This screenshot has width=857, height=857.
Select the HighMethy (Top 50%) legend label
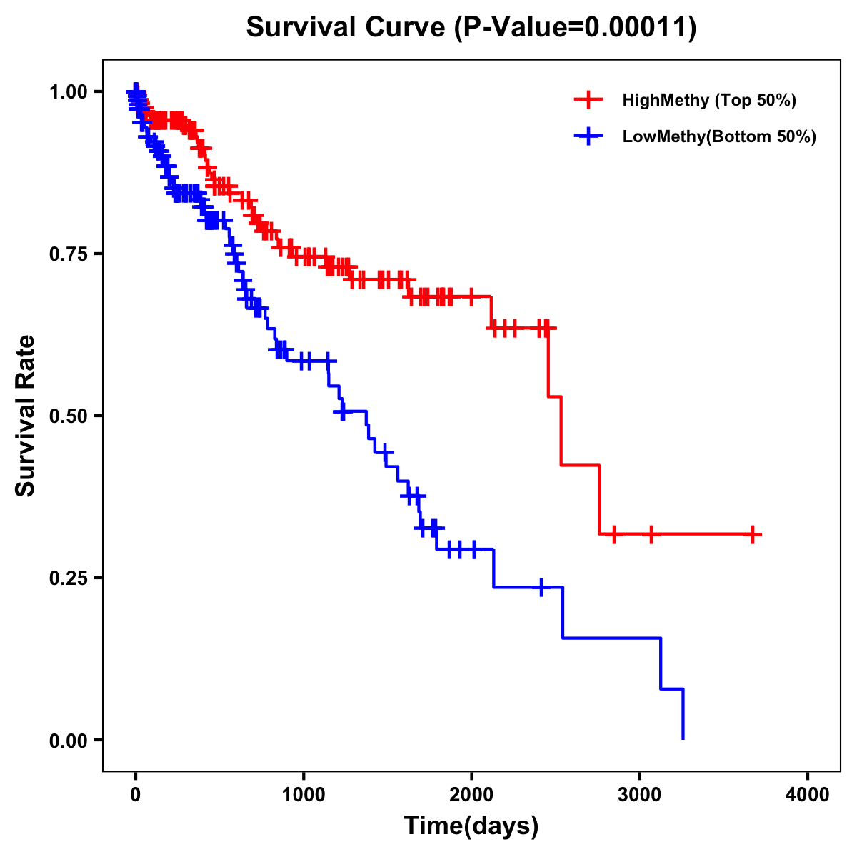point(708,100)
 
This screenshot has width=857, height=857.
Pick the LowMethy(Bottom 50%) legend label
point(719,136)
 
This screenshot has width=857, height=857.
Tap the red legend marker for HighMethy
point(588,100)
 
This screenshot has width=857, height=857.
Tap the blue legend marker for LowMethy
point(588,136)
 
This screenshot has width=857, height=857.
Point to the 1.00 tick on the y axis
point(67,92)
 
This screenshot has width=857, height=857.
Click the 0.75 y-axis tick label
point(67,254)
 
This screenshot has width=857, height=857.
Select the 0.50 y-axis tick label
point(67,416)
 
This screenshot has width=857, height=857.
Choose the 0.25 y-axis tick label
point(67,578)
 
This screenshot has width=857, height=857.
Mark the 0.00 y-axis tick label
point(67,740)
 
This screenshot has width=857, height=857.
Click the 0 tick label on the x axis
point(136,795)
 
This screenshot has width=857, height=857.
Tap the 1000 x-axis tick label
point(304,795)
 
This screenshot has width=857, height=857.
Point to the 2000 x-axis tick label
point(471,795)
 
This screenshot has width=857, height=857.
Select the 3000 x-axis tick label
point(640,795)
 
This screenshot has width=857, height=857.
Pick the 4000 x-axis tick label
point(808,795)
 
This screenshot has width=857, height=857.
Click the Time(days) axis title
point(471,826)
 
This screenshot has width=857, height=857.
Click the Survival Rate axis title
point(26,416)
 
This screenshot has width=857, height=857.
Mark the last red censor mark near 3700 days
point(753,534)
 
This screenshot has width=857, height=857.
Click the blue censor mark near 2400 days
point(541,587)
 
